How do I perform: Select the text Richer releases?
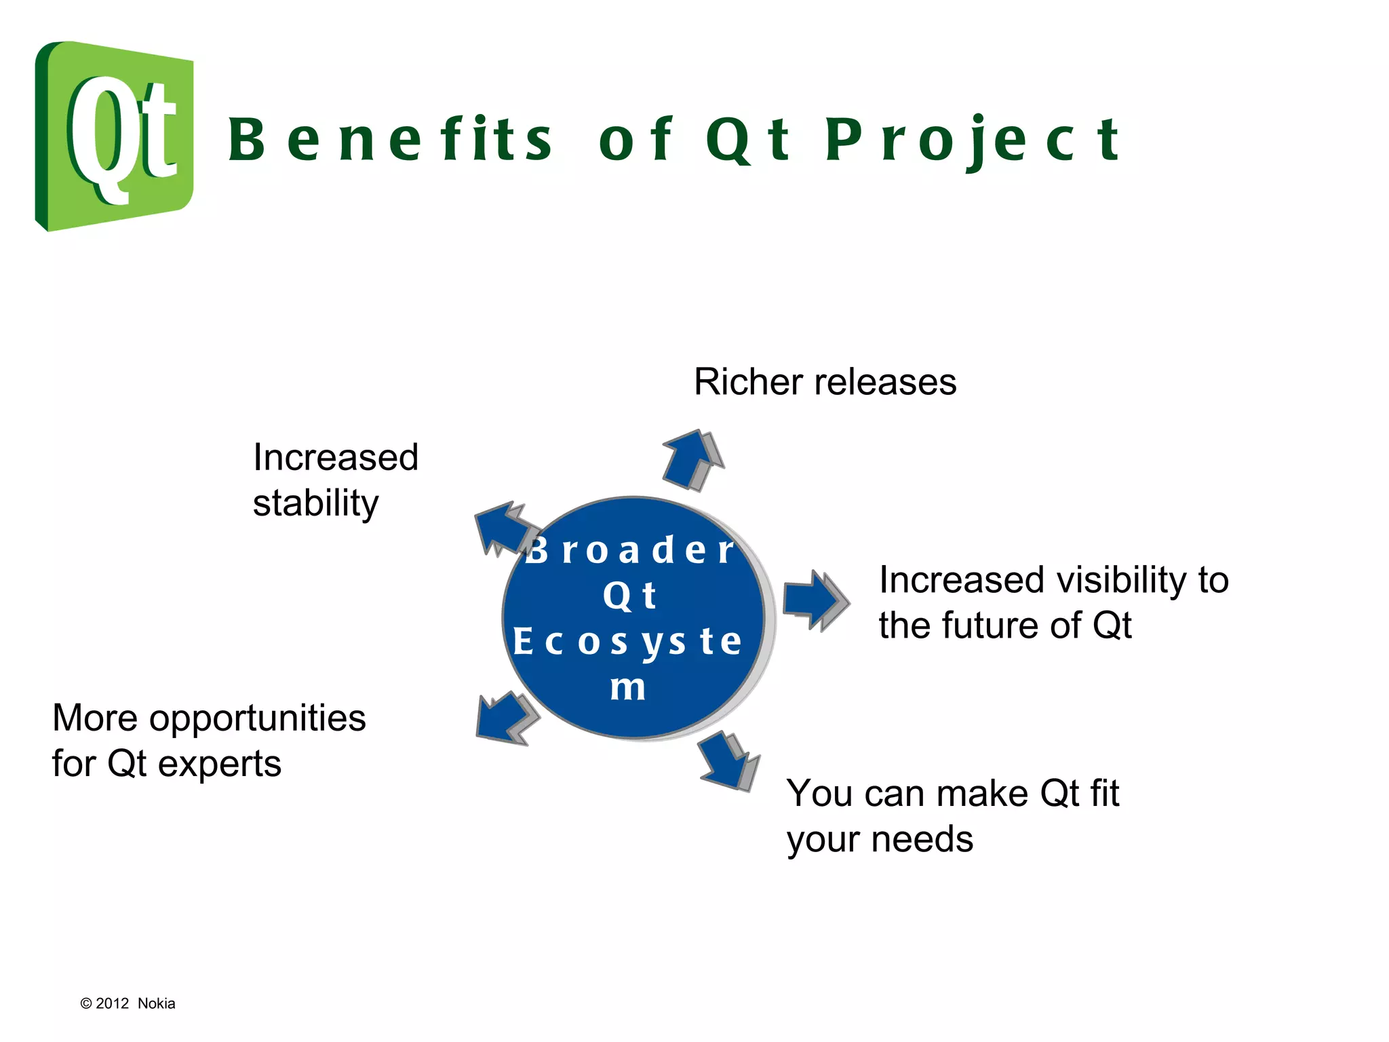coord(825,382)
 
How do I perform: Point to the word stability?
coord(315,503)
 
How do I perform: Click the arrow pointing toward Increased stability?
coord(505,528)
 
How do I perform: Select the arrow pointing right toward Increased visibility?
coord(816,600)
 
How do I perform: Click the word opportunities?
coord(258,719)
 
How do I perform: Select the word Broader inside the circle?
coord(631,549)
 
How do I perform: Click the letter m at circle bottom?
coord(628,687)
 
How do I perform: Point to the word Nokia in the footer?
coord(156,1003)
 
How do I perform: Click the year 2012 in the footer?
coord(112,1003)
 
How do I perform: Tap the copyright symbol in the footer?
coord(86,1003)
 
